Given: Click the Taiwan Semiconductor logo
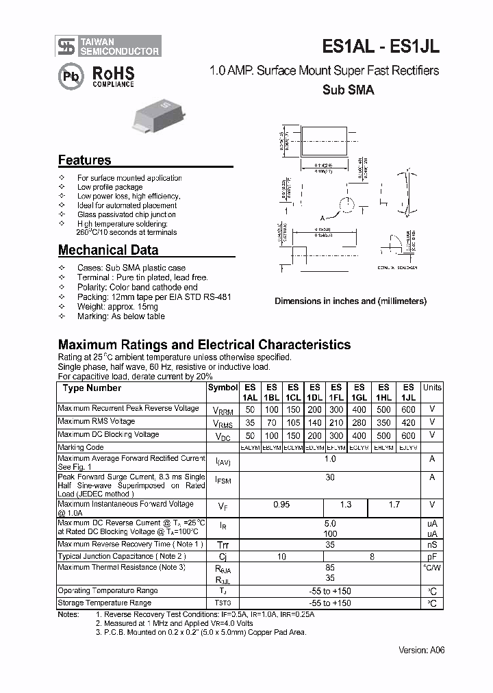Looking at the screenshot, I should tap(109, 46).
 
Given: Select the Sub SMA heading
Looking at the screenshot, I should tap(347, 90).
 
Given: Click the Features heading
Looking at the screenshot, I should tap(84, 160).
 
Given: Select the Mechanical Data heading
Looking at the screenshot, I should tap(108, 250).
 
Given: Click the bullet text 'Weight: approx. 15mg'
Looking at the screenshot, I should tap(121, 307).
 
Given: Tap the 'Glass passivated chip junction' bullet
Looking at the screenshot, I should tap(127, 214).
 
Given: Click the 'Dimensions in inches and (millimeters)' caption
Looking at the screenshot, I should tap(351, 301).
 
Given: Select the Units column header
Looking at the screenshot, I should tap(432, 388).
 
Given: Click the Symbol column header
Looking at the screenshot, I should tap(223, 388).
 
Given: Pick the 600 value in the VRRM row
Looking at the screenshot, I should tap(408, 409).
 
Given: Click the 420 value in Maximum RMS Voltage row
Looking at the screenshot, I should tap(408, 423).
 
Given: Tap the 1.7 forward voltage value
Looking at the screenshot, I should tap(394, 505).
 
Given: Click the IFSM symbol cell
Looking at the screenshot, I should tap(223, 481).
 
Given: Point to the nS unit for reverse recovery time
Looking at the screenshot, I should tap(432, 544).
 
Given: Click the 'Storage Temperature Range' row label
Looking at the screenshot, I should tap(105, 603).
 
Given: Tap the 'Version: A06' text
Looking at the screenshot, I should tap(421, 651).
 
